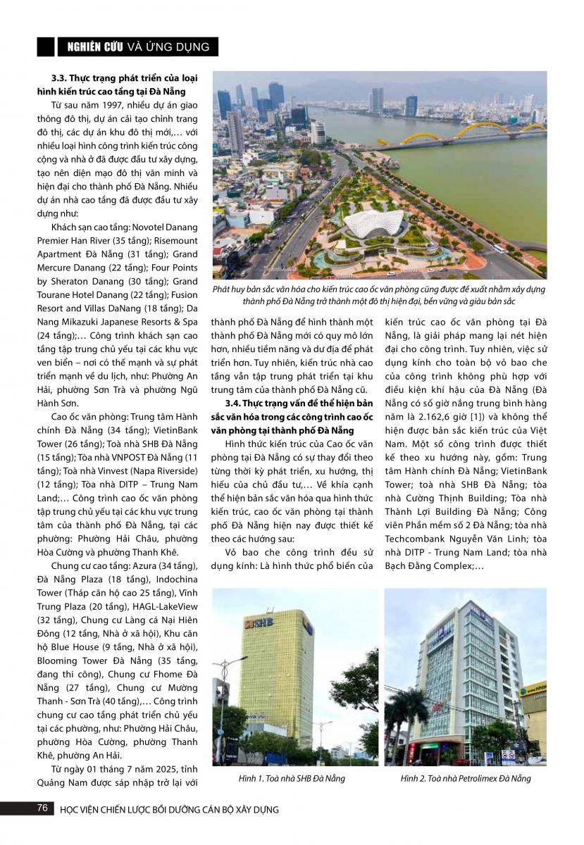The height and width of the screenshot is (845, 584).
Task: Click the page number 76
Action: coord(43,808)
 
